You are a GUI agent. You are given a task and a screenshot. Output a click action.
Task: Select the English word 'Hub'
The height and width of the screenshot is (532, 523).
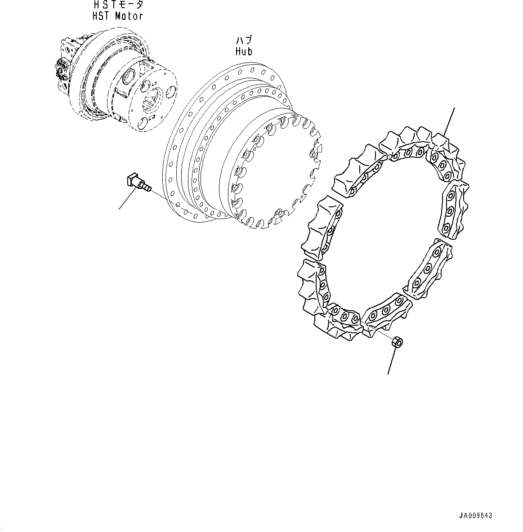pos(244,51)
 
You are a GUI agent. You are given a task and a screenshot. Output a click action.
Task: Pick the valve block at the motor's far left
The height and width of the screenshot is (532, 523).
pos(63,67)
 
